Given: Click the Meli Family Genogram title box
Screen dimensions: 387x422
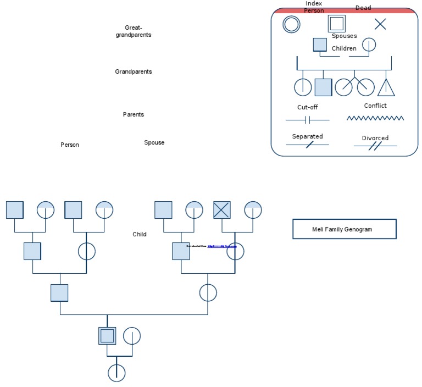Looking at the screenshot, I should pos(344,229).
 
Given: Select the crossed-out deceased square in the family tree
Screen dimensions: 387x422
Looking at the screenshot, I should pos(222,209).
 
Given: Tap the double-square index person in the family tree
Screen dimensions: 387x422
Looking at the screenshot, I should pos(107,335).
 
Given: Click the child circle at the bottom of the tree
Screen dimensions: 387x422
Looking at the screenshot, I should pos(116,373).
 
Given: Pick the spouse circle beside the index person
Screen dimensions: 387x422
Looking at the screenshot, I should pos(132,335).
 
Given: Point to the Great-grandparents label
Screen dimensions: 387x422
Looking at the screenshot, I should pos(133,31).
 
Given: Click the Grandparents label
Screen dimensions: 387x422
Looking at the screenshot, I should pos(133,72).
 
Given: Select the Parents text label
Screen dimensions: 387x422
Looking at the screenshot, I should pos(133,115).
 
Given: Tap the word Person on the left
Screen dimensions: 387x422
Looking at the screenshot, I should pos(70,145).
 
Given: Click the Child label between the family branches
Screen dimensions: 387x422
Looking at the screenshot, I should pos(140,235).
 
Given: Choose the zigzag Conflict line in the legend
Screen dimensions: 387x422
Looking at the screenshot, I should pos(375,118).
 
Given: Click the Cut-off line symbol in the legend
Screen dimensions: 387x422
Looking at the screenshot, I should pos(308,119).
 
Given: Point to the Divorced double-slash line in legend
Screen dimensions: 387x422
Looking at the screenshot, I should pos(375,146).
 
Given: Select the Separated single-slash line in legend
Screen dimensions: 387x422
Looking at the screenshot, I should pos(308,145).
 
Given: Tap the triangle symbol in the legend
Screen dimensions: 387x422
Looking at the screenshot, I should pos(386,87).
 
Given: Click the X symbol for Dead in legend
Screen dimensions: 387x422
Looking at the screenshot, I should pos(380,24).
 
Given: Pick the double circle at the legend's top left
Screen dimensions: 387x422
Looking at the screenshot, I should pos(291,24).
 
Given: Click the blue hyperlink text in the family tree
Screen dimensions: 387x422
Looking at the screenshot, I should pos(222,246).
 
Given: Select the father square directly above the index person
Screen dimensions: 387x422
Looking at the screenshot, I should pos(59,292).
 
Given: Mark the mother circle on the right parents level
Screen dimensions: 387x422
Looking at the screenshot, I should pos(208,292).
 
